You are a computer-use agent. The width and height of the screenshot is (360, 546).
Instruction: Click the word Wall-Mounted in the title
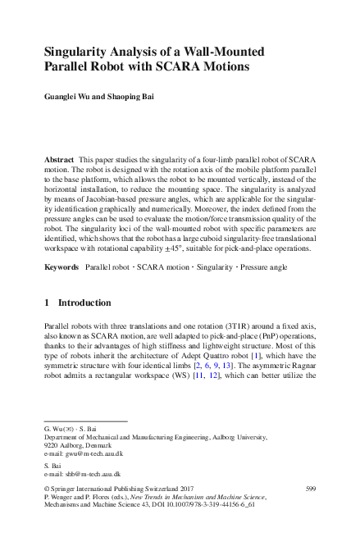pos(226,48)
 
